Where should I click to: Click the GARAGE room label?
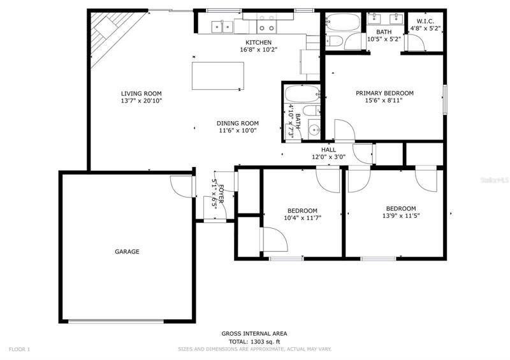coord(127,252)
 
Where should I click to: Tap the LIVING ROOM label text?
coord(141,94)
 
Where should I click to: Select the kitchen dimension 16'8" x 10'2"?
coord(258,50)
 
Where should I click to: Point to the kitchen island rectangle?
coord(218,76)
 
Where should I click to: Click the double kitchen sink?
coord(222,27)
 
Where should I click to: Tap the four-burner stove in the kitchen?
coord(266,23)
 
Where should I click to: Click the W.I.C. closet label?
coord(425,22)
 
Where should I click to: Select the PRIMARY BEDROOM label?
coord(384,93)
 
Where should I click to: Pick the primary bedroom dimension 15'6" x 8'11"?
coord(384,101)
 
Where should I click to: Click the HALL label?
coord(328,150)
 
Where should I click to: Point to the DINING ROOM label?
coord(237,123)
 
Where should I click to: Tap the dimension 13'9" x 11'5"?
coord(401,215)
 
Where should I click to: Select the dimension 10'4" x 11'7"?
coord(302,218)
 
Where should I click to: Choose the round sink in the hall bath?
coord(314,131)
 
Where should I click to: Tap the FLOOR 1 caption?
coord(19,350)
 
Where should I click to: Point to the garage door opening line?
coord(116,321)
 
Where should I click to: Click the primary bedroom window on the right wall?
coord(445,99)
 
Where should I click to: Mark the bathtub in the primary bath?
coord(343,22)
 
